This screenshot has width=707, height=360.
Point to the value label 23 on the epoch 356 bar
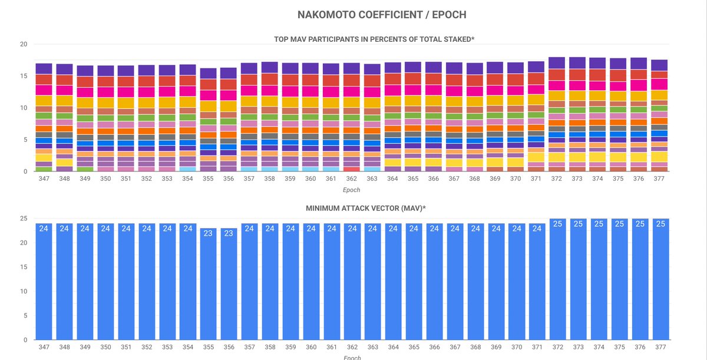click(229, 233)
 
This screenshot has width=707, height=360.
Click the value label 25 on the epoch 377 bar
click(660, 224)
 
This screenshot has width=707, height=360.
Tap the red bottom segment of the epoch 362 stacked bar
click(352, 169)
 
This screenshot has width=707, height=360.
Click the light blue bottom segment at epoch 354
click(187, 169)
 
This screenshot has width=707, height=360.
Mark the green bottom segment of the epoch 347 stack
click(44, 169)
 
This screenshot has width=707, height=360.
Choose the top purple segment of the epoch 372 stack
click(557, 63)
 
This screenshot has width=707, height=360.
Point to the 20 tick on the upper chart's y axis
click(24, 44)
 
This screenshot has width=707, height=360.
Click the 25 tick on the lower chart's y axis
click(24, 219)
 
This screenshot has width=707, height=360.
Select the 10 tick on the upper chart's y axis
click(24, 108)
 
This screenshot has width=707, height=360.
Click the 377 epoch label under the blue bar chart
click(660, 348)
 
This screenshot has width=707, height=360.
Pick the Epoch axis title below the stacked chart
click(352, 190)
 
